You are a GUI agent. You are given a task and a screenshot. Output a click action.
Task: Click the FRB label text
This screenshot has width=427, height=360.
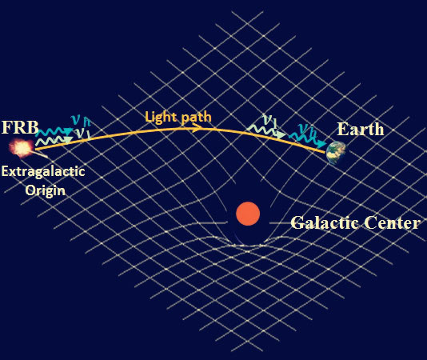pyautogui.click(x=19, y=127)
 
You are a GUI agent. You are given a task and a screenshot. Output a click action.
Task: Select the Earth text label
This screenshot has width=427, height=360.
pyautogui.click(x=360, y=129)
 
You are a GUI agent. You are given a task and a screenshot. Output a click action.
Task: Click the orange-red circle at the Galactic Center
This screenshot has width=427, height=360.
pyautogui.click(x=248, y=214)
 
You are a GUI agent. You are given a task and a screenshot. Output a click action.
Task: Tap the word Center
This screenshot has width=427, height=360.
pyautogui.click(x=391, y=222)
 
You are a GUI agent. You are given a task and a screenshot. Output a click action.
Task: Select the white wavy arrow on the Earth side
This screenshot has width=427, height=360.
pyautogui.click(x=268, y=130)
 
